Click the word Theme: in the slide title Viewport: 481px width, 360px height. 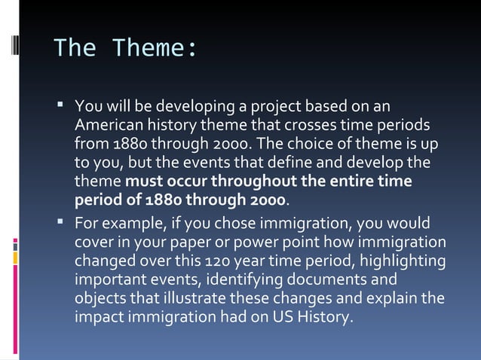pyautogui.click(x=154, y=48)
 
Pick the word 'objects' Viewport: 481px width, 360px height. pyautogui.click(x=100, y=298)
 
